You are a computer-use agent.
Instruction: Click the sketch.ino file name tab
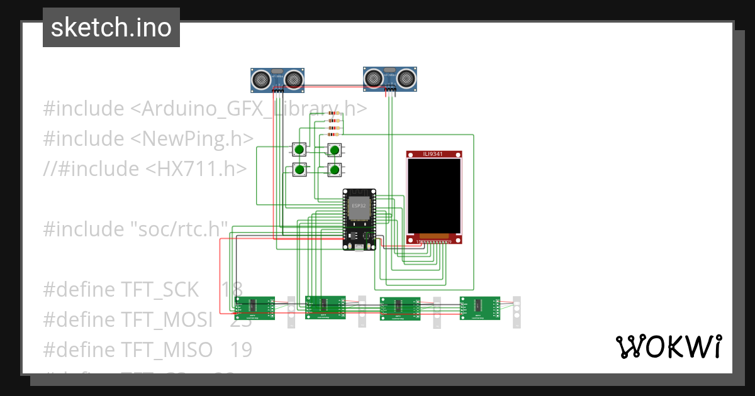111,28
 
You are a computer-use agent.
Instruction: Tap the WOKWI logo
668,347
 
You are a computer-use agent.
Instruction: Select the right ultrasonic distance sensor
390,78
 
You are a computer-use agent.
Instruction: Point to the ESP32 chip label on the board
359,206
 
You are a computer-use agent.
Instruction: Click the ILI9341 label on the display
434,154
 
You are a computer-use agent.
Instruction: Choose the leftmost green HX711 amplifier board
254,307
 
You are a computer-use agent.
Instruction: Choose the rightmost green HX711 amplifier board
479,308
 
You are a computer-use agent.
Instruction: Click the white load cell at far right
517,311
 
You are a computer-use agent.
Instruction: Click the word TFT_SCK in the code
160,290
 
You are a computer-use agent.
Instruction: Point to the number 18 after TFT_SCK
232,290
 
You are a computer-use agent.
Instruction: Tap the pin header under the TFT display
434,241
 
